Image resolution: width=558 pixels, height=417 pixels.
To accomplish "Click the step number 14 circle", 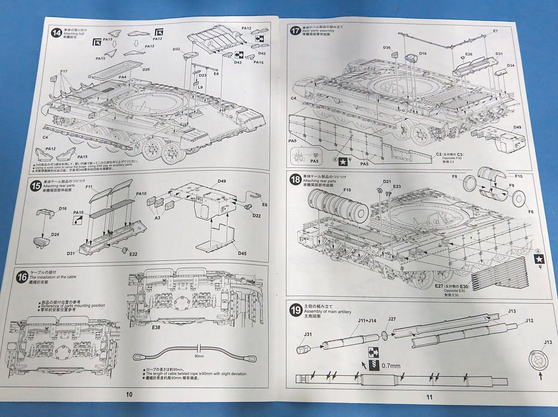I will pos(56,32).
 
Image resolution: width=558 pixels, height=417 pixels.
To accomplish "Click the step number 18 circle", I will pos(295,180).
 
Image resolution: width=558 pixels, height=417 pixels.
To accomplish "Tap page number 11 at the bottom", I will pos(429,397).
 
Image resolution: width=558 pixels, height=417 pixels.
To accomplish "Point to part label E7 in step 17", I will pos(494,31).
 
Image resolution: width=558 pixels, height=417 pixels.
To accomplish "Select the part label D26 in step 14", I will pos(146,70).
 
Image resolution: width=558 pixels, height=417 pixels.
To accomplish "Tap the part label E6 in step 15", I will pos(264,205).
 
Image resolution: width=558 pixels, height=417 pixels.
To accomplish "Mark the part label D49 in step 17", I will pos(517,127).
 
